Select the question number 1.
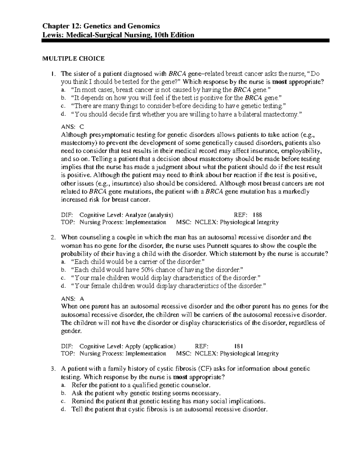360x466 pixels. click(x=52, y=74)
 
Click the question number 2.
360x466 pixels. click(x=52, y=238)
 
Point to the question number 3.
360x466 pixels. click(x=52, y=369)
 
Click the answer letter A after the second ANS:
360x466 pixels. click(x=82, y=299)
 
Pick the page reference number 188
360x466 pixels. click(x=257, y=215)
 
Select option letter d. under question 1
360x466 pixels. click(x=63, y=114)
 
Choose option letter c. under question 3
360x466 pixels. click(x=63, y=401)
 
